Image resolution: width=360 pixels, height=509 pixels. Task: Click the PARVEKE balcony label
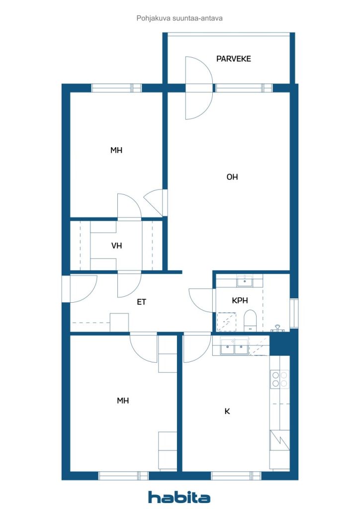tap(233, 59)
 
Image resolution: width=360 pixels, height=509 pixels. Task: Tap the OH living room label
tap(232, 177)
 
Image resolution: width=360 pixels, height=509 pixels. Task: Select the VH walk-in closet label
tap(116, 246)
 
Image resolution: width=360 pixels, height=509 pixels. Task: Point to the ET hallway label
tap(141, 302)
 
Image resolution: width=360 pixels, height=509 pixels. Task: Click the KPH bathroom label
tap(240, 301)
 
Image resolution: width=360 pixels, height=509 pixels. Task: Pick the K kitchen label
tap(227, 411)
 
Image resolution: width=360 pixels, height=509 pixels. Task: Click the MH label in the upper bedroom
tap(116, 150)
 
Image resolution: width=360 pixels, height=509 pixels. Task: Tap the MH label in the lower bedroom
tap(123, 401)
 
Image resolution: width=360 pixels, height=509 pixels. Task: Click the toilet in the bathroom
tap(250, 321)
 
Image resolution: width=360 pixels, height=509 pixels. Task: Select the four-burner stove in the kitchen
tap(279, 379)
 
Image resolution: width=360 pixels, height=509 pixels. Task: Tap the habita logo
tap(179, 497)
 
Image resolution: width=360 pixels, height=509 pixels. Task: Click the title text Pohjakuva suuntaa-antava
tap(180, 18)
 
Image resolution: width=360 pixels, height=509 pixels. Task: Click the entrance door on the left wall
tap(84, 289)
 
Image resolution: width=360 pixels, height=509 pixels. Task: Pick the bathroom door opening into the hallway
tap(200, 300)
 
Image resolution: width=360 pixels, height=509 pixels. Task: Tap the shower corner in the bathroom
tap(226, 322)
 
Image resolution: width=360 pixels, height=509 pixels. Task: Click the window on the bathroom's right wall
tap(294, 313)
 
